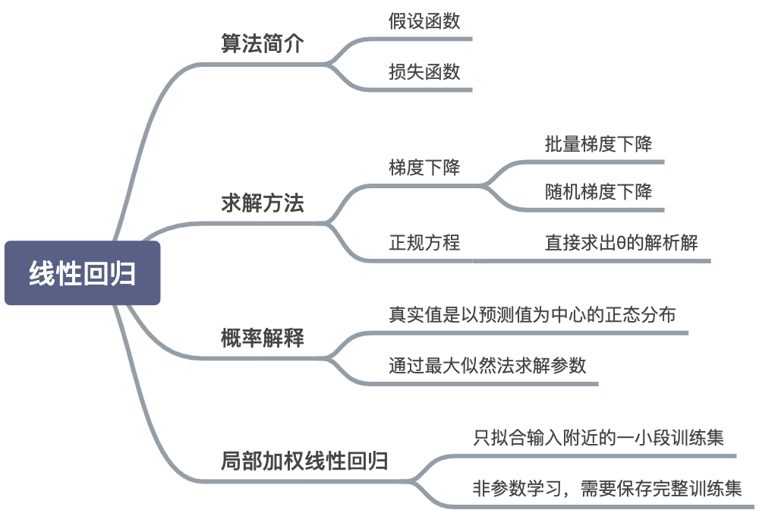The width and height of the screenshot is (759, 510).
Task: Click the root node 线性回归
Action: pyautogui.click(x=82, y=273)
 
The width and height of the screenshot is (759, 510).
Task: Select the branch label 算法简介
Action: pyautogui.click(x=262, y=43)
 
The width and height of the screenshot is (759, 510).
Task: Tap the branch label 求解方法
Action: pyautogui.click(x=262, y=203)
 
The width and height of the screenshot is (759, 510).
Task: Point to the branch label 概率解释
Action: pyautogui.click(x=262, y=338)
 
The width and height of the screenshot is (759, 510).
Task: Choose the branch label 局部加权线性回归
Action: pyautogui.click(x=304, y=461)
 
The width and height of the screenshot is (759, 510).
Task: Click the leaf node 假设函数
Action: pyautogui.click(x=424, y=21)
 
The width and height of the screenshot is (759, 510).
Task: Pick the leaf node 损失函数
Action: pyautogui.click(x=424, y=71)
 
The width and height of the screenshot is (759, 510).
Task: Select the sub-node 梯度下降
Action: pyautogui.click(x=424, y=168)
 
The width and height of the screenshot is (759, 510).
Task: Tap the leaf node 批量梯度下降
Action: pyautogui.click(x=598, y=144)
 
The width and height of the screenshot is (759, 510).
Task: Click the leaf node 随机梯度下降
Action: pyautogui.click(x=598, y=191)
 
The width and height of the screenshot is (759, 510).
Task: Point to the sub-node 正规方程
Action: pyautogui.click(x=424, y=243)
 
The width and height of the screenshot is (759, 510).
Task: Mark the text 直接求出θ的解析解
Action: pyautogui.click(x=621, y=243)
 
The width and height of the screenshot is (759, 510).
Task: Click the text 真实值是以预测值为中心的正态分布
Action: pyautogui.click(x=531, y=314)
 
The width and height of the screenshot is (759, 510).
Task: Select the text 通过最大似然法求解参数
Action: pyautogui.click(x=487, y=365)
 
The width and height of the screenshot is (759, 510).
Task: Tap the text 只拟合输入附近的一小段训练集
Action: pyautogui.click(x=598, y=438)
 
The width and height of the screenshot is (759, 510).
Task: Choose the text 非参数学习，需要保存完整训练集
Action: pyautogui.click(x=606, y=488)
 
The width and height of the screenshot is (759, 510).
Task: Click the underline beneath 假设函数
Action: pyautogui.click(x=425, y=39)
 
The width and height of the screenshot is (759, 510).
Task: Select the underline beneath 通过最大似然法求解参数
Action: pyautogui.click(x=486, y=384)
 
